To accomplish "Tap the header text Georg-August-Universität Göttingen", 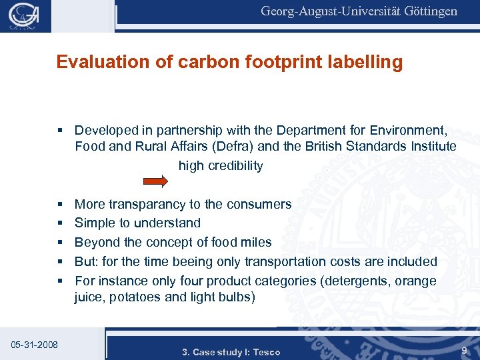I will pyautogui.click(x=359, y=11).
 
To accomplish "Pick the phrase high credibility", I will pyautogui.click(x=221, y=166).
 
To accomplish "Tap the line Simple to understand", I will pyautogui.click(x=137, y=223).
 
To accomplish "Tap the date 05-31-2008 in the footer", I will pyautogui.click(x=35, y=345).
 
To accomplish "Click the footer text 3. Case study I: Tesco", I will pyautogui.click(x=231, y=352).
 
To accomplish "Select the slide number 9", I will pyautogui.click(x=463, y=350).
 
